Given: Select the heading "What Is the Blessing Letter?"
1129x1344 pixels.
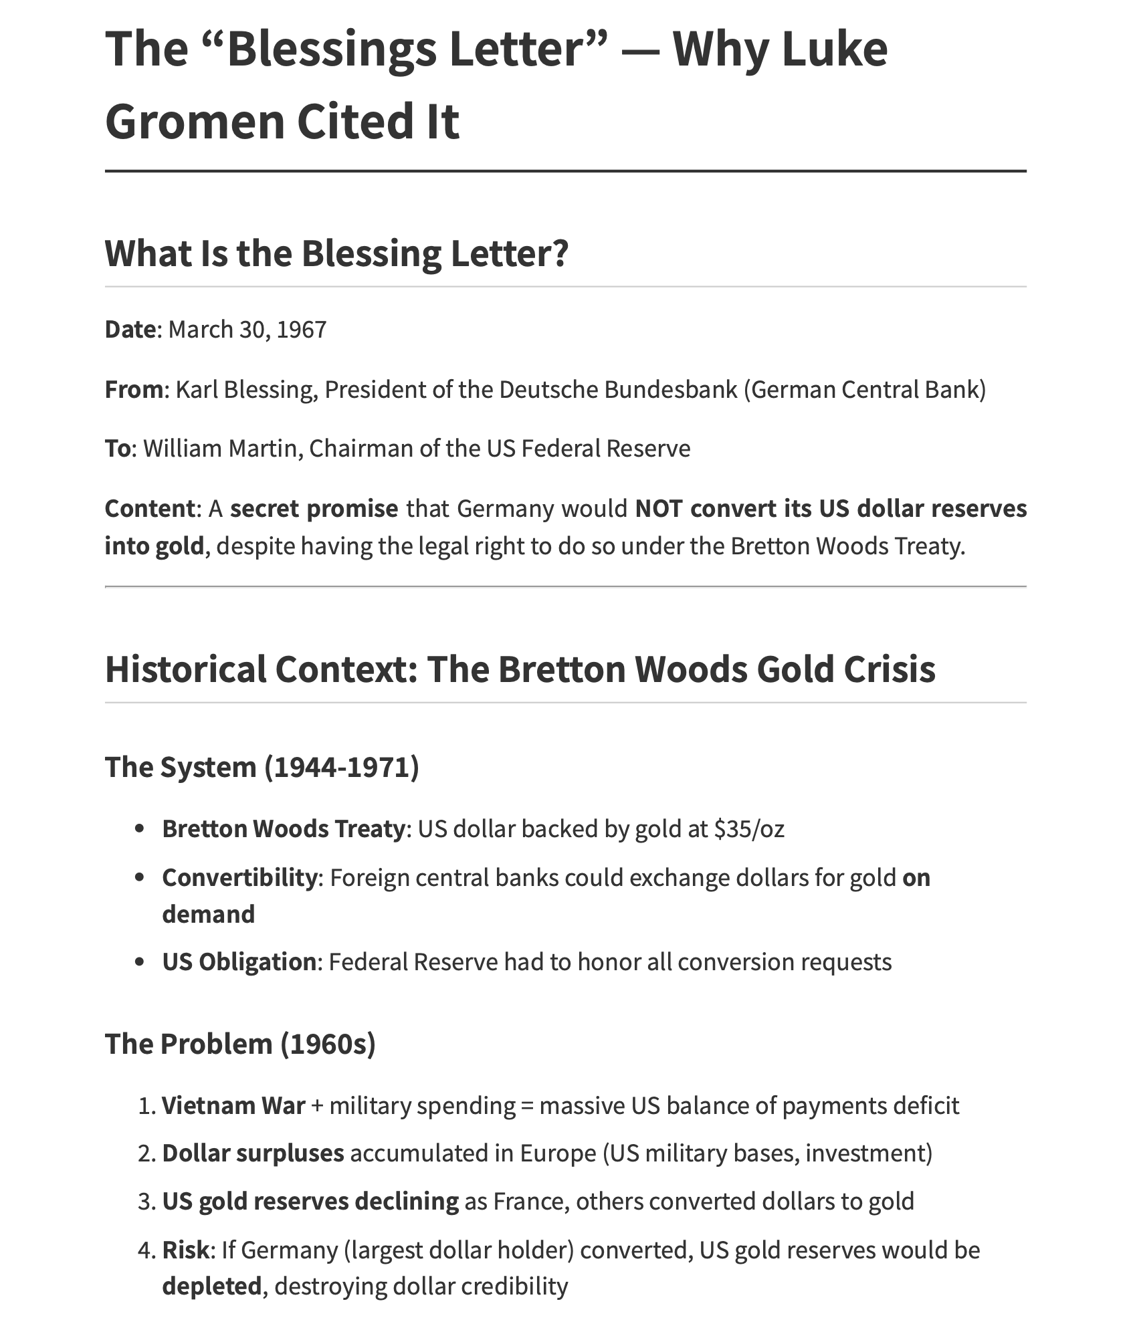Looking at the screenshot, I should click(336, 253).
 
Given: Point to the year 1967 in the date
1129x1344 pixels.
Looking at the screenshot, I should click(301, 330).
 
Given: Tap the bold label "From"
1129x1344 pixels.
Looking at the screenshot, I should click(134, 389).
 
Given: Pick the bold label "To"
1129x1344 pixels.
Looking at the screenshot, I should click(116, 448).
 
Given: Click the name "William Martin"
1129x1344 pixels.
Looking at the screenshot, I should click(220, 448).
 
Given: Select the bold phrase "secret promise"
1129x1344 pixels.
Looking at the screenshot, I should click(314, 509).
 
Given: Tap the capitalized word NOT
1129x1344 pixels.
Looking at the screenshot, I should click(659, 509).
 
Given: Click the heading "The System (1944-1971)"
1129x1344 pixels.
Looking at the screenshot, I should click(262, 767).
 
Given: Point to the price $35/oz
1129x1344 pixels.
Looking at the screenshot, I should click(749, 829).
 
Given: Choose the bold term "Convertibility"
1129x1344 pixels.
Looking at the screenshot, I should click(239, 877).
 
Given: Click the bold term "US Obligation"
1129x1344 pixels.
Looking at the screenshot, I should click(239, 962).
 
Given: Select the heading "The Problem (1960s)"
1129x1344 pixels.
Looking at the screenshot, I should click(240, 1044).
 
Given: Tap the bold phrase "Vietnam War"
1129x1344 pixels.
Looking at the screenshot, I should click(233, 1106).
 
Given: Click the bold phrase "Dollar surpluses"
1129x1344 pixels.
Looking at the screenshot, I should click(253, 1153).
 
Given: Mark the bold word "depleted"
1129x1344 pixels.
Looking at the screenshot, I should click(211, 1286).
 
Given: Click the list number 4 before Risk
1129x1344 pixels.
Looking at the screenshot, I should click(145, 1250).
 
